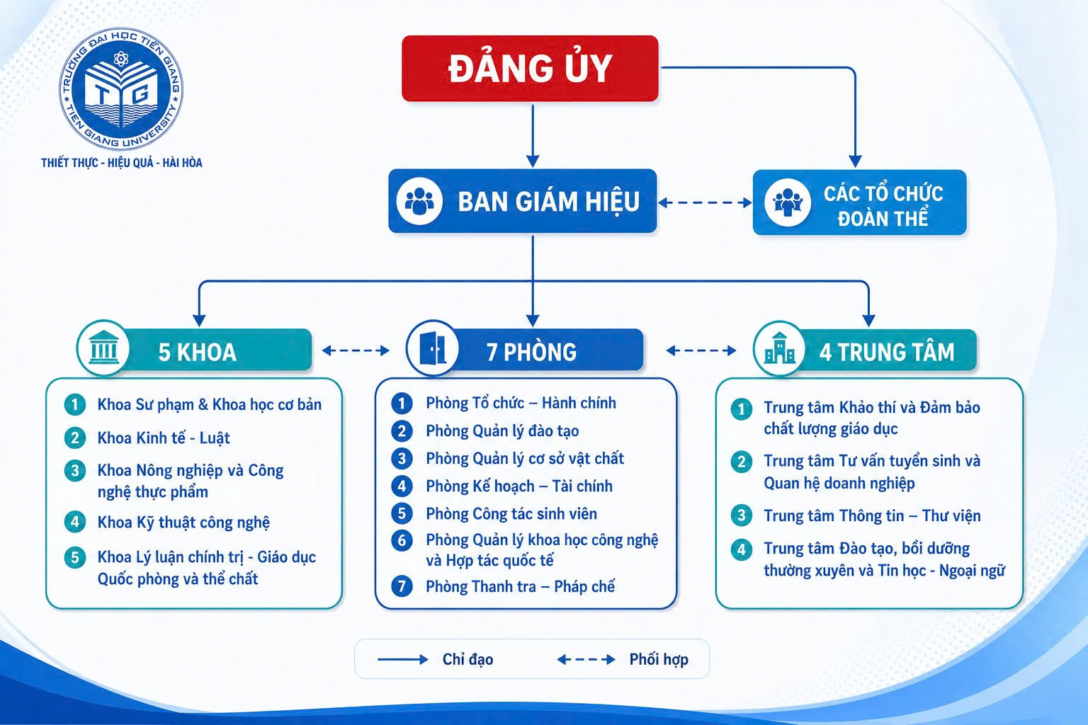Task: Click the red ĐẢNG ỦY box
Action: coord(530,69)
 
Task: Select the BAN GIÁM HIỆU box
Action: coord(523,201)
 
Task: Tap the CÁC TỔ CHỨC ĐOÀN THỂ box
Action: coord(860,202)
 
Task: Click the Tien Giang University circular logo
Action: coord(121,89)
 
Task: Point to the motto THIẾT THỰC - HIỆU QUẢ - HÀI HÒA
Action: coord(121,163)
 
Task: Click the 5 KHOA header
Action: coord(194,350)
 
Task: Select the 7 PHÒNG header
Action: coord(525,350)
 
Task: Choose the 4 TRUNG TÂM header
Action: coord(865,350)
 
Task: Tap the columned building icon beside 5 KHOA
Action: coord(103,348)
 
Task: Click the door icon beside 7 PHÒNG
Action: coord(432,348)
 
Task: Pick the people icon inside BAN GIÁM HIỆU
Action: coord(419,201)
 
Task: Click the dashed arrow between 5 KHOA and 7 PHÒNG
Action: coord(356,350)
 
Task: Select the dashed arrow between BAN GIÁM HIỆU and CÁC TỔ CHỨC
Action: coord(705,202)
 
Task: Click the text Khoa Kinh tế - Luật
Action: coord(164,438)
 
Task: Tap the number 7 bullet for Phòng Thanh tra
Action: coord(402,586)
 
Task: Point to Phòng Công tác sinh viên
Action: coord(511,514)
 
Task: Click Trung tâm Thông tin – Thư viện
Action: coord(873,515)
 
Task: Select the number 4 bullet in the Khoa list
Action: coord(75,522)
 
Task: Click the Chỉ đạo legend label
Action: coord(467,659)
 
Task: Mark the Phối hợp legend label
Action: coord(659,659)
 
